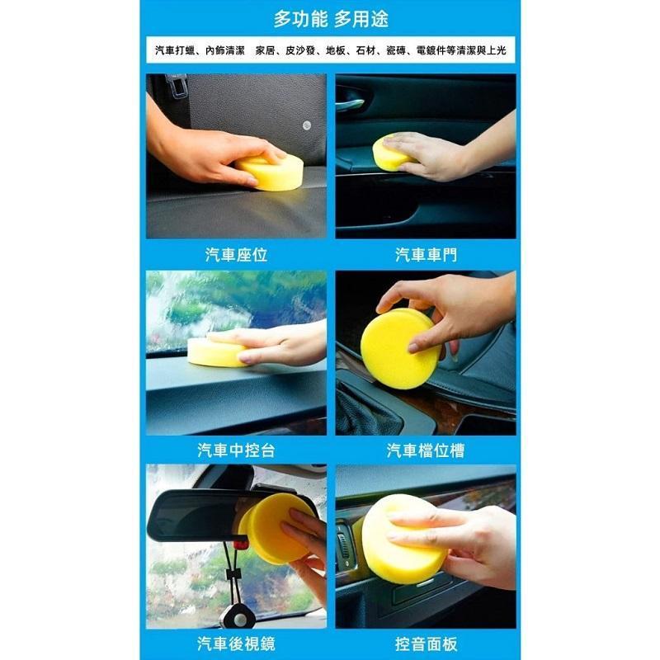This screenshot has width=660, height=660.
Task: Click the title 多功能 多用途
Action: click(x=331, y=19)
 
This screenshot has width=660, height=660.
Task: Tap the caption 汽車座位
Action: click(x=236, y=255)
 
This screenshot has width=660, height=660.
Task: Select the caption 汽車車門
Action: click(x=426, y=255)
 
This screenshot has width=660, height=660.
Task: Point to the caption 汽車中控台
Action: click(x=236, y=450)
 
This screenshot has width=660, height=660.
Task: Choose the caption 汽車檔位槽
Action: click(x=426, y=450)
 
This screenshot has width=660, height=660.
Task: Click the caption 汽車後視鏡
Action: click(x=236, y=644)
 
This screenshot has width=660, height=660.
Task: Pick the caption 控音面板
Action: click(x=426, y=644)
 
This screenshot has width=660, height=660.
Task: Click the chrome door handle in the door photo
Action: click(x=349, y=103)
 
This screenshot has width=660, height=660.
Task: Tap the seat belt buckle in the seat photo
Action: click(x=177, y=87)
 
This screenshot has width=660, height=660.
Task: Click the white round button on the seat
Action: click(x=307, y=125)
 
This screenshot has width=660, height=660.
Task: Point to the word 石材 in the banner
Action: click(x=365, y=51)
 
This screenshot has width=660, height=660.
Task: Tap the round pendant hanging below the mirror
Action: click(x=239, y=617)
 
